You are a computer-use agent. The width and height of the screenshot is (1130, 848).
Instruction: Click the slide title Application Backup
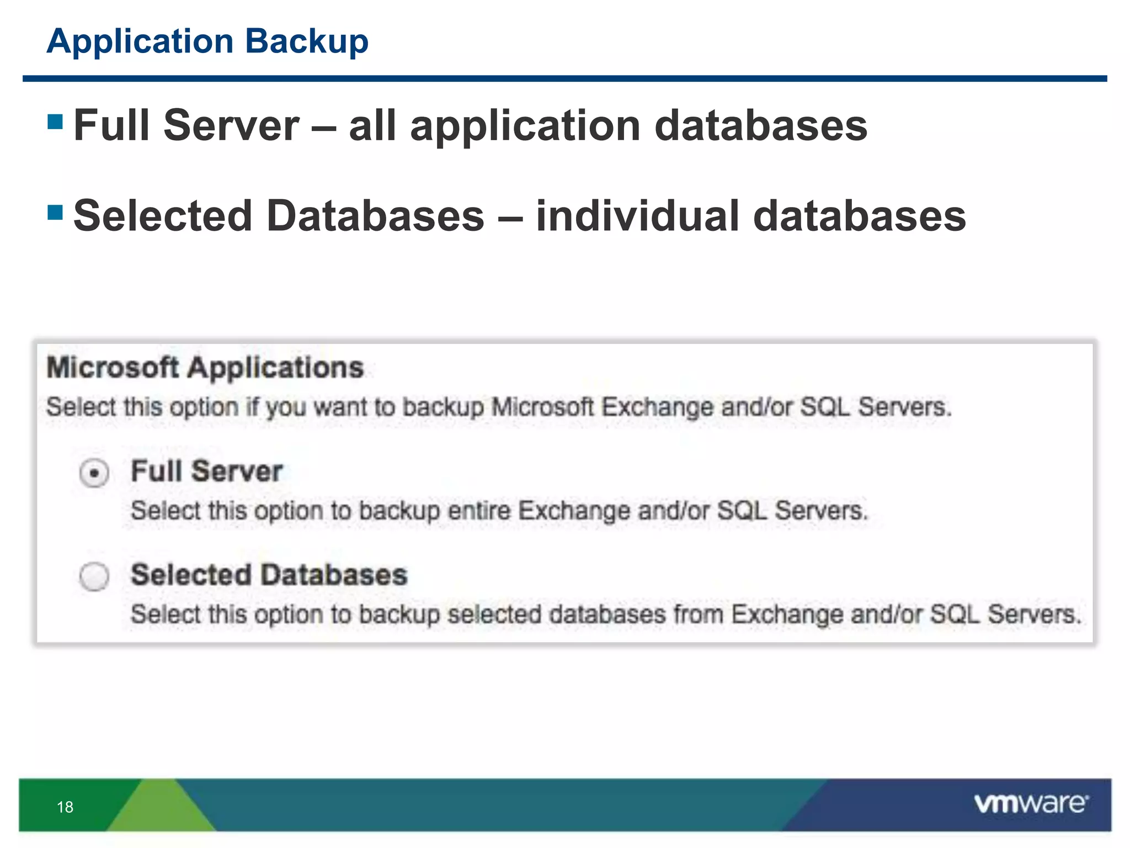tap(207, 41)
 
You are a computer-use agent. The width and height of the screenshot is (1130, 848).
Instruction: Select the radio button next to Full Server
tap(94, 473)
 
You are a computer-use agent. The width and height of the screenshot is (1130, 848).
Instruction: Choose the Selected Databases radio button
tap(94, 576)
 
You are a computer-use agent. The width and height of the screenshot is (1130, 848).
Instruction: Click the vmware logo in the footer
tap(1031, 804)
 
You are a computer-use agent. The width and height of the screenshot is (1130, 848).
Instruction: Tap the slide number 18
tap(65, 807)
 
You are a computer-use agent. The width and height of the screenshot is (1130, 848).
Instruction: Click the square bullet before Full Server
tap(55, 121)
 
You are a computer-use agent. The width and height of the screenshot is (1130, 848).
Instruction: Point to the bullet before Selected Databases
tap(55, 212)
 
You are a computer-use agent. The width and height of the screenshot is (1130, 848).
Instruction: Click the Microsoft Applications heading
tap(205, 368)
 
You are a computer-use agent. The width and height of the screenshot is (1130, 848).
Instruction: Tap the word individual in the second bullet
tap(638, 216)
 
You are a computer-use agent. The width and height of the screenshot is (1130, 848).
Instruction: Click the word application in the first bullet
tap(525, 126)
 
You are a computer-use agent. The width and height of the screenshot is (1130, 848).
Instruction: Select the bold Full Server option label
tap(207, 471)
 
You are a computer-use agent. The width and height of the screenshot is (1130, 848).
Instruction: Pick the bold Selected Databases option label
tap(269, 575)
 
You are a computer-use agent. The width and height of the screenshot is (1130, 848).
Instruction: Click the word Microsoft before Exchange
tap(542, 407)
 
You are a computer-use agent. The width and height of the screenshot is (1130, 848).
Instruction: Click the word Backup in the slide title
tap(307, 41)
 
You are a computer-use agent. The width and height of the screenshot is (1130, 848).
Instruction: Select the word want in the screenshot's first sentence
tap(340, 407)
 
